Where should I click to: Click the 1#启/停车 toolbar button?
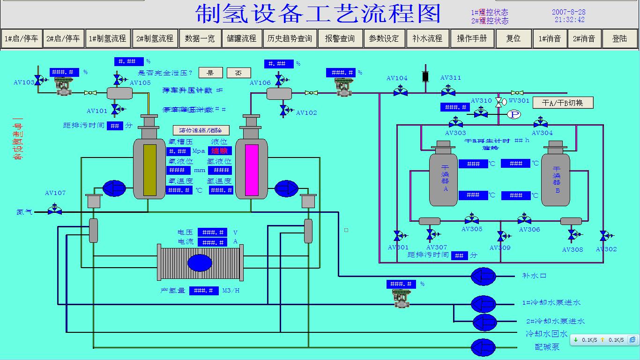point(22,38)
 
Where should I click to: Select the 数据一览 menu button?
point(200,38)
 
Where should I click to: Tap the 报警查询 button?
point(340,38)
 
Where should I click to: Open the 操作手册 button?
point(472,38)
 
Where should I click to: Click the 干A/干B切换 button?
point(563,103)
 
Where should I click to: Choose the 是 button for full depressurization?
point(210,73)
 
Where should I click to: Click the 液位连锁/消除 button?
point(201,130)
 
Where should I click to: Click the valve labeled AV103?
point(38,80)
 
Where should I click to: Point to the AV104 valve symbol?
point(400,92)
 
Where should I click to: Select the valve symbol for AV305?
point(471,219)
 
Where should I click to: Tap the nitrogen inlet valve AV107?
point(55,210)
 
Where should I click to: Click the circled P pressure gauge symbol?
point(514,114)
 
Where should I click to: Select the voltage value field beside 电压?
point(212,232)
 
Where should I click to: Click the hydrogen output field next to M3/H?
point(204,291)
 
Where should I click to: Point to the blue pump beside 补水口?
point(484,276)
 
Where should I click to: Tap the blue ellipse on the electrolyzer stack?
point(200,262)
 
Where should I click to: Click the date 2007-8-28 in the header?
point(568,12)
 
